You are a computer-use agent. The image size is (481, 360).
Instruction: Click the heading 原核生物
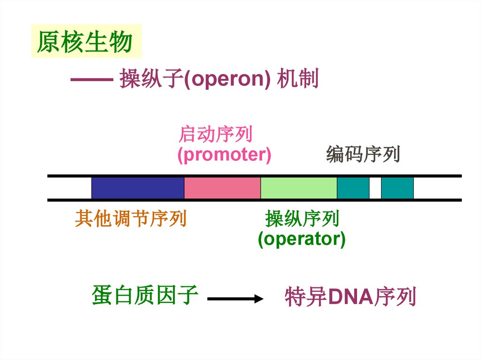85,42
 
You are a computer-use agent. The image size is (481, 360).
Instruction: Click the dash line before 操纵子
91,80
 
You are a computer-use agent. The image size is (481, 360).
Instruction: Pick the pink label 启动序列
216,135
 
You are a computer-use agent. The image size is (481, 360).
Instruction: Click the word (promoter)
224,154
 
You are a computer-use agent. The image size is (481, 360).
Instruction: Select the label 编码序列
363,154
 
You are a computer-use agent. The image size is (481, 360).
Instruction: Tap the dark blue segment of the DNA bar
138,188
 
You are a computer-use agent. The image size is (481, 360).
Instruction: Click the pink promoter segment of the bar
222,188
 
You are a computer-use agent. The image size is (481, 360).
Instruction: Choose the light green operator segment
299,188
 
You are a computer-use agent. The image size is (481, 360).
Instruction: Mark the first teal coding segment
353,188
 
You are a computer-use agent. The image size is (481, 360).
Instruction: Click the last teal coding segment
397,188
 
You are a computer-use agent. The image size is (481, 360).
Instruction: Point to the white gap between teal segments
375,188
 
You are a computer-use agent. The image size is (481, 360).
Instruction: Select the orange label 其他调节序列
131,219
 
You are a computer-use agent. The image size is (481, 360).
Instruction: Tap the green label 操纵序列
302,219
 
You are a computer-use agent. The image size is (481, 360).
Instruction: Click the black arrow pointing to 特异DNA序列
234,299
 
